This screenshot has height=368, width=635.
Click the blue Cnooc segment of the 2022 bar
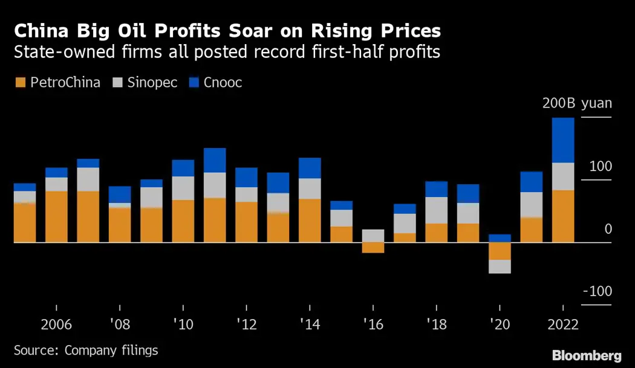[x=563, y=140]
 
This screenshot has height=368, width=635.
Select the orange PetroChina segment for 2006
[x=56, y=216]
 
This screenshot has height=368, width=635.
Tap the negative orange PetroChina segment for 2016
[x=373, y=247]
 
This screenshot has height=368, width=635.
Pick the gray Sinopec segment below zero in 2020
[x=500, y=266]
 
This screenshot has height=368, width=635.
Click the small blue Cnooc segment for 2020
[x=500, y=238]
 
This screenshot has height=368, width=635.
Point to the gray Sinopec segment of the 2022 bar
[x=563, y=176]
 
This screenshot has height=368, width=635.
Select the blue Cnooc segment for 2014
[x=310, y=168]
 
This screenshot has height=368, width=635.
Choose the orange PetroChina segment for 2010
[x=183, y=221]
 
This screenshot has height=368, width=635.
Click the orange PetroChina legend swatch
[x=20, y=83]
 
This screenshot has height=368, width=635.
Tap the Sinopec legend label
[x=152, y=83]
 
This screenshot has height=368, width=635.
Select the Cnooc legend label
[x=223, y=83]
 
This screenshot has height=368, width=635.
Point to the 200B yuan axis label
[x=577, y=103]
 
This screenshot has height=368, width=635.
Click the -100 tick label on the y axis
[x=598, y=291]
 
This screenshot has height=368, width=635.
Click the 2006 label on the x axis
[x=56, y=324]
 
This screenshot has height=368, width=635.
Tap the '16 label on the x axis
[x=373, y=324]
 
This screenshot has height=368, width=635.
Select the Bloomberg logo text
[x=587, y=355]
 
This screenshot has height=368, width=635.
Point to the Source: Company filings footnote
[x=85, y=350]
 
